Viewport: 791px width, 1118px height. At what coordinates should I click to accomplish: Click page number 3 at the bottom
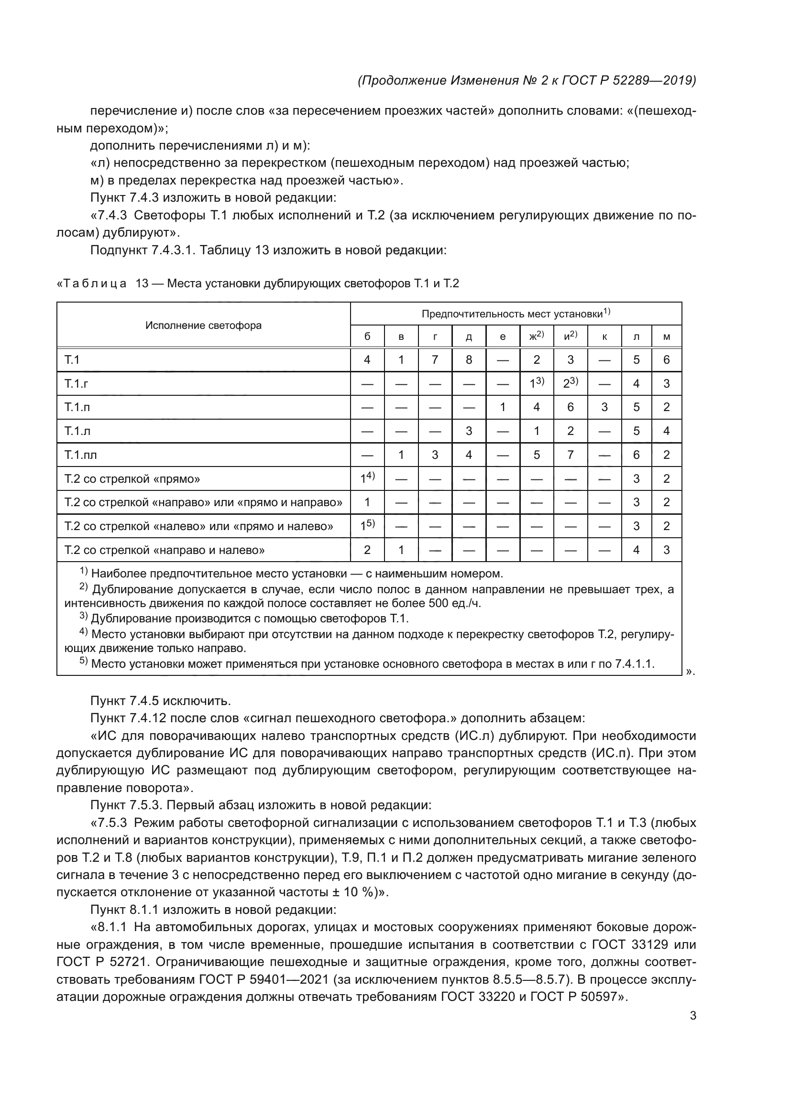point(692,1016)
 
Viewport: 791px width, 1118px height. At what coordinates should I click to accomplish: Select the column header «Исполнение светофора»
point(203,326)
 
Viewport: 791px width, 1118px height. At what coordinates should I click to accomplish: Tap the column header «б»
point(367,336)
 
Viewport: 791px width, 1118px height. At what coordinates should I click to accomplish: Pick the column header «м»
point(666,336)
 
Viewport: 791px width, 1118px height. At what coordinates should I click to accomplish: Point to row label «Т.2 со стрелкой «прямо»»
point(132,479)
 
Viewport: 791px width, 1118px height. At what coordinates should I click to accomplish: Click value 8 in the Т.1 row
point(469,360)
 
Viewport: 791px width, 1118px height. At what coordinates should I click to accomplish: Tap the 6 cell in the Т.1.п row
point(571,408)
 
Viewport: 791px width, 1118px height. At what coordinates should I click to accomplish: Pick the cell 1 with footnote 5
point(367,526)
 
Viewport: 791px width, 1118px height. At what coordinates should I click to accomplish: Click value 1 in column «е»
point(503,408)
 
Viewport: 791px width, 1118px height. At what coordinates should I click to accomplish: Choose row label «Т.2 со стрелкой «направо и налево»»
point(164,550)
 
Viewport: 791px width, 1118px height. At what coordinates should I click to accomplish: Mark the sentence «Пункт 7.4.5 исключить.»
point(160,701)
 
